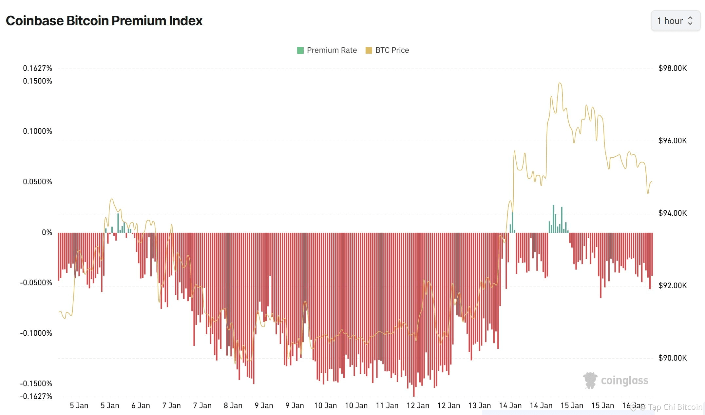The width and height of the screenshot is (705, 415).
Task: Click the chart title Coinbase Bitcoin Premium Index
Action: pos(104,21)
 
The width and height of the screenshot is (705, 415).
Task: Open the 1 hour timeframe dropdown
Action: pos(675,21)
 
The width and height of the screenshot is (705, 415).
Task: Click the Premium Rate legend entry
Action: pos(327,50)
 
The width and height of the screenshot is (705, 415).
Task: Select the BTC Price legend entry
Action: pos(387,50)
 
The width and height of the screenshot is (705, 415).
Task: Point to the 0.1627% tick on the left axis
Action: pos(37,68)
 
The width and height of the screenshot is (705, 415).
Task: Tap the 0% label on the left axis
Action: pos(47,232)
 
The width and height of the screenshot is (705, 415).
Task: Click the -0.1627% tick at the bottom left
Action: pos(36,396)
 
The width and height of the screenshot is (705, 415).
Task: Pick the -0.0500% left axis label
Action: pos(36,283)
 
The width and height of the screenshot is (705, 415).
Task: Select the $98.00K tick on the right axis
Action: pos(672,68)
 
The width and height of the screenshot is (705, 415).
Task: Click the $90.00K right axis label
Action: pos(672,358)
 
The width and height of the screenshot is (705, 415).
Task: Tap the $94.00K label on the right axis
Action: pos(672,213)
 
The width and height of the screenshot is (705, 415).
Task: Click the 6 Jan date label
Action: pos(141,405)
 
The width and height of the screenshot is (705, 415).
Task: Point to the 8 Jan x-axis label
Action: pos(233,405)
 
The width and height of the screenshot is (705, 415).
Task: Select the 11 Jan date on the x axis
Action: pos(387,405)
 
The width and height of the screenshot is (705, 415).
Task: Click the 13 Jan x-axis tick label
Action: pos(479,405)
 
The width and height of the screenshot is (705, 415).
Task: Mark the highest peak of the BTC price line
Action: pos(560,83)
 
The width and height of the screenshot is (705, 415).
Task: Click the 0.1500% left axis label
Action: pos(37,81)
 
